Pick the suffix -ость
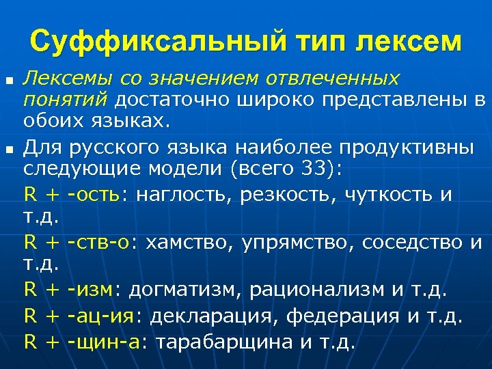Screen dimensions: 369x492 point(94,195)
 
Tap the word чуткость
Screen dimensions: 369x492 point(383,195)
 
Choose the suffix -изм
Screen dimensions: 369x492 point(92,290)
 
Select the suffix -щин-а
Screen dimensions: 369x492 point(105,341)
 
